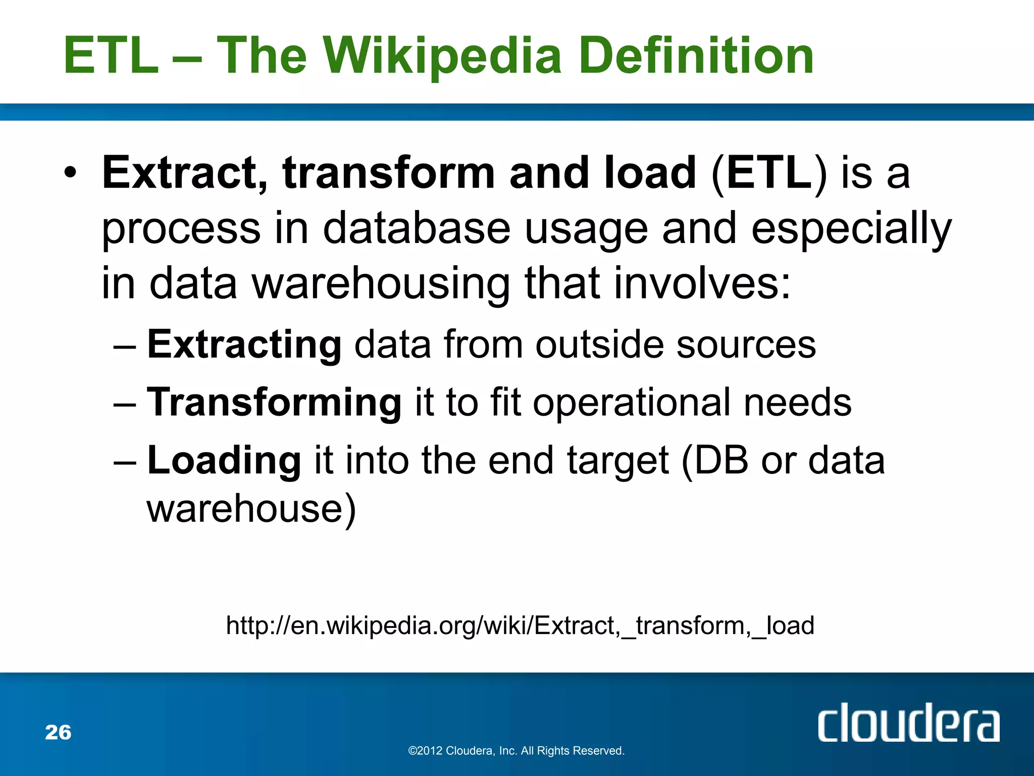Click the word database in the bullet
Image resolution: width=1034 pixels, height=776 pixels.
coord(416,229)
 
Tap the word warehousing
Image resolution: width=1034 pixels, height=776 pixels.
coord(381,284)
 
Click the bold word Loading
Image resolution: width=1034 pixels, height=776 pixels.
coord(224,461)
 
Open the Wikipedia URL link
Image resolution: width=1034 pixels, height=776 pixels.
coord(520,625)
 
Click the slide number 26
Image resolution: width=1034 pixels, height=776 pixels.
coord(58,732)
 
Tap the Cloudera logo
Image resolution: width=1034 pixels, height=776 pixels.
coord(908,723)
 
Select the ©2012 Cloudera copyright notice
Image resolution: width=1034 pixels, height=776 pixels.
coord(516,751)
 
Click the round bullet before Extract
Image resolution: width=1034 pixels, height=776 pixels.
coord(71,173)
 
